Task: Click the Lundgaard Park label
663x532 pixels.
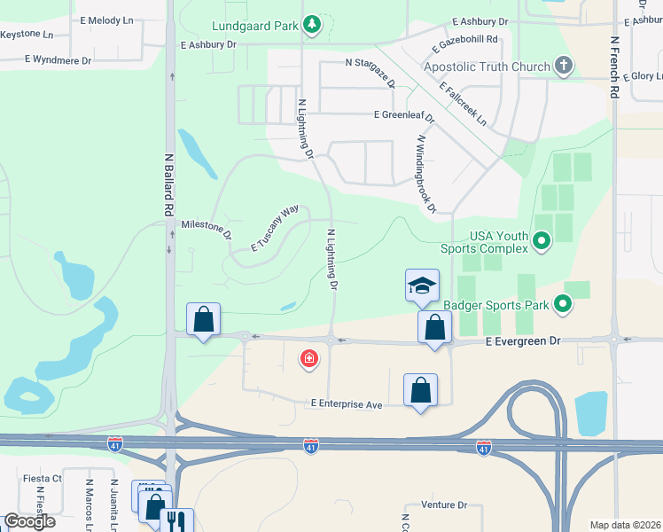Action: click(255, 26)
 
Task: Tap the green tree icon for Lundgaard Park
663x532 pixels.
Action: click(311, 25)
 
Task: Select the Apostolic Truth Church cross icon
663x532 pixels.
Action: click(562, 66)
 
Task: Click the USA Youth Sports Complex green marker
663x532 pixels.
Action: click(542, 239)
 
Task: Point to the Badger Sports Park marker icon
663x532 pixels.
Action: click(562, 305)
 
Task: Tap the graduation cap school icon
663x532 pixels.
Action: click(422, 286)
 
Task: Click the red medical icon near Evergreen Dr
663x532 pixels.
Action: click(308, 358)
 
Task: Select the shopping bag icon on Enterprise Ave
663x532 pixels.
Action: click(420, 390)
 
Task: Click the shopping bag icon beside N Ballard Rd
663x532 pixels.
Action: click(203, 320)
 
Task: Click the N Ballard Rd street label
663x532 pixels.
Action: click(168, 185)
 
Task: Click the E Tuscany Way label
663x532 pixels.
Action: click(275, 230)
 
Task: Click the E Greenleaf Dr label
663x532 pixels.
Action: click(404, 115)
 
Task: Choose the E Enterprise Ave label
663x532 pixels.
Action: click(346, 404)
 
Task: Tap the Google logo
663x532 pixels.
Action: click(30, 521)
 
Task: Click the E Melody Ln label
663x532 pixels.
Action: click(106, 20)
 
